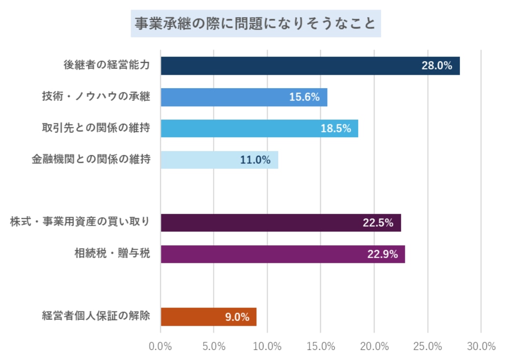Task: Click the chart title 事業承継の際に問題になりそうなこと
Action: [x=256, y=24]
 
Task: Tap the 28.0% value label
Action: [x=436, y=66]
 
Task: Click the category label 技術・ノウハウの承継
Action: [x=96, y=97]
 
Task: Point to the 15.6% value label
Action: [x=304, y=97]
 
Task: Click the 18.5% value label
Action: [x=335, y=129]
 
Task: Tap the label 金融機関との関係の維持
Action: [x=91, y=160]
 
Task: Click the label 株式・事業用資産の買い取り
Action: [x=80, y=222]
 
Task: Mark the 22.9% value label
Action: [x=382, y=254]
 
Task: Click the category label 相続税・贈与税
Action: [x=112, y=254]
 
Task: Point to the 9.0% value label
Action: [x=237, y=317]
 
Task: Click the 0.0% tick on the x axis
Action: [x=160, y=346]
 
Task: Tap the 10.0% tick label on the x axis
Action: [x=267, y=346]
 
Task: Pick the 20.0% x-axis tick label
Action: [x=374, y=346]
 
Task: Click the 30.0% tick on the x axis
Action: [x=481, y=346]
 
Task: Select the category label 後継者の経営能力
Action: [x=107, y=66]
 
